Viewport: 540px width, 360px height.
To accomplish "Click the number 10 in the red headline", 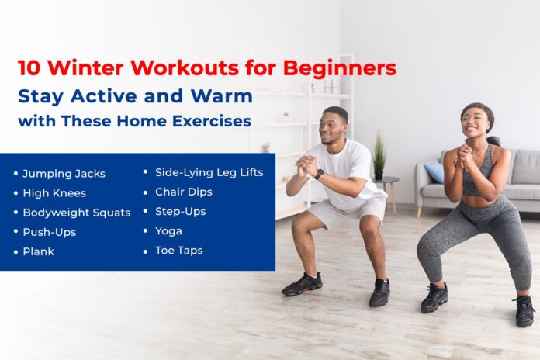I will (x=29, y=68).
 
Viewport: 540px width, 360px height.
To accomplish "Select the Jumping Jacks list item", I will (x=64, y=173).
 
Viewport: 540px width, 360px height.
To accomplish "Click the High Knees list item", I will (x=54, y=192).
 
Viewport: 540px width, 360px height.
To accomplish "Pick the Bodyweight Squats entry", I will (x=76, y=212).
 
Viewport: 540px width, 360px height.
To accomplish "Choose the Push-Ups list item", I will (x=50, y=231).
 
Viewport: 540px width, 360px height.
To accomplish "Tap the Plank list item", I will (x=39, y=251).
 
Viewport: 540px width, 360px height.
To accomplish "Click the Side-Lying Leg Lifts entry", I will (x=209, y=171).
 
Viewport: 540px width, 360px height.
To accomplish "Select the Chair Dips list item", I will (x=183, y=191).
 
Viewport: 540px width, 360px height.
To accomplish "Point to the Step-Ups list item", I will (x=180, y=211).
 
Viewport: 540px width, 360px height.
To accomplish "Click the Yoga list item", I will (x=168, y=230).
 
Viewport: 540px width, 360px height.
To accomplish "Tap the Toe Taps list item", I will (x=178, y=250).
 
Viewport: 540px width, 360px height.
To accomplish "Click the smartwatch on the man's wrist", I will (x=319, y=175).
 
